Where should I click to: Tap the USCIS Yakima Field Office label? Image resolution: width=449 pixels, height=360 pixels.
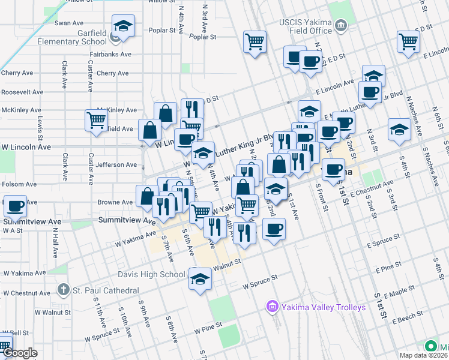pos(305,26)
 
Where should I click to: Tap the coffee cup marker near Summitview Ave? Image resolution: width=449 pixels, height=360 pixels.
pos(15,206)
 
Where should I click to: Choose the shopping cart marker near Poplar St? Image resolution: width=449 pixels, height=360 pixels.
pos(255,43)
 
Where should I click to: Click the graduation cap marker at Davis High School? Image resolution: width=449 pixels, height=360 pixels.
pos(200,278)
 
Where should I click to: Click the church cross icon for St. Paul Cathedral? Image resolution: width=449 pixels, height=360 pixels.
pos(64,290)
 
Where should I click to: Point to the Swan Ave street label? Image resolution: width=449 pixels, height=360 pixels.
pos(68,23)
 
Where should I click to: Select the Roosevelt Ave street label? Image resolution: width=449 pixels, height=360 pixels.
pos(22,92)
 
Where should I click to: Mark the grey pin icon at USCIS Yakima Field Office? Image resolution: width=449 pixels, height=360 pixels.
pos(341,26)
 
